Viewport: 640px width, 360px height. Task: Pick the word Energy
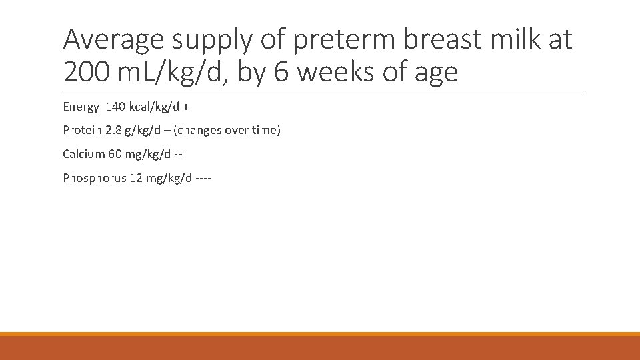pos(80,107)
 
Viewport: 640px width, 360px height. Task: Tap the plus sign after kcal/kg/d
pos(186,107)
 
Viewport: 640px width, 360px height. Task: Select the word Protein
pos(82,130)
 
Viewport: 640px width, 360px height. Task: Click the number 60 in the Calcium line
pos(115,154)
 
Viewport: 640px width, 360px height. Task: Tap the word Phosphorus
pos(94,178)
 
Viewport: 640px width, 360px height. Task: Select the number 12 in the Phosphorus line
pos(136,178)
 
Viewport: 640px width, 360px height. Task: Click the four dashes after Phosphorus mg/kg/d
pos(205,178)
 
